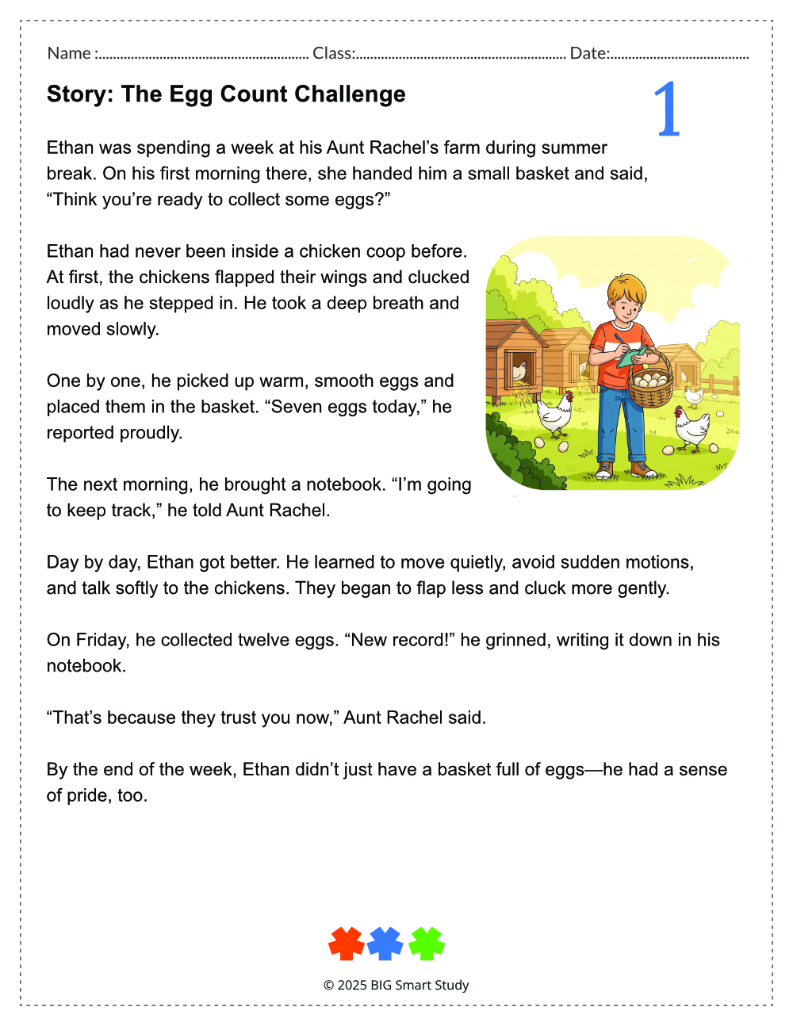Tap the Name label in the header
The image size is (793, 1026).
[69, 53]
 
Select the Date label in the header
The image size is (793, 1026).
[589, 53]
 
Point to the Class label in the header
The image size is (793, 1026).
[333, 53]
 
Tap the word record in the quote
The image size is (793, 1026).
[417, 640]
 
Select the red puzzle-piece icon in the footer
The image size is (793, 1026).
[347, 944]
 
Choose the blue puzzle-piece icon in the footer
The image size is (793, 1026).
[385, 944]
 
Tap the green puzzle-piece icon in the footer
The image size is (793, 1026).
[427, 944]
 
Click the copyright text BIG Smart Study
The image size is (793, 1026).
[419, 985]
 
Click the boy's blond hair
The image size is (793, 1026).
[626, 288]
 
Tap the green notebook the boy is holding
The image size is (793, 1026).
[631, 356]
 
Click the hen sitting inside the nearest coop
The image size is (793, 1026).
[519, 371]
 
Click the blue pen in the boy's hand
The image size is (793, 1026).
[619, 339]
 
